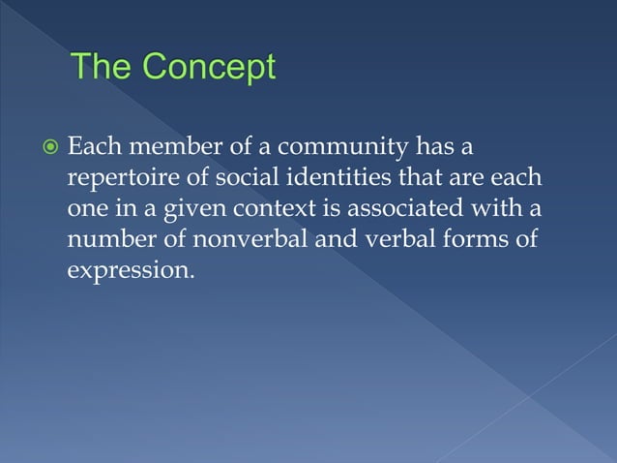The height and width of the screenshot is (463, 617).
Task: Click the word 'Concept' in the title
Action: [x=208, y=69]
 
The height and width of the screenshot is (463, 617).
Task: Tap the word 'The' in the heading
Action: [x=103, y=69]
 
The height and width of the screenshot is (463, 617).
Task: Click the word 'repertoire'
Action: [x=114, y=181]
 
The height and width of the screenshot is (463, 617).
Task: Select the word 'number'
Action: [x=103, y=239]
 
